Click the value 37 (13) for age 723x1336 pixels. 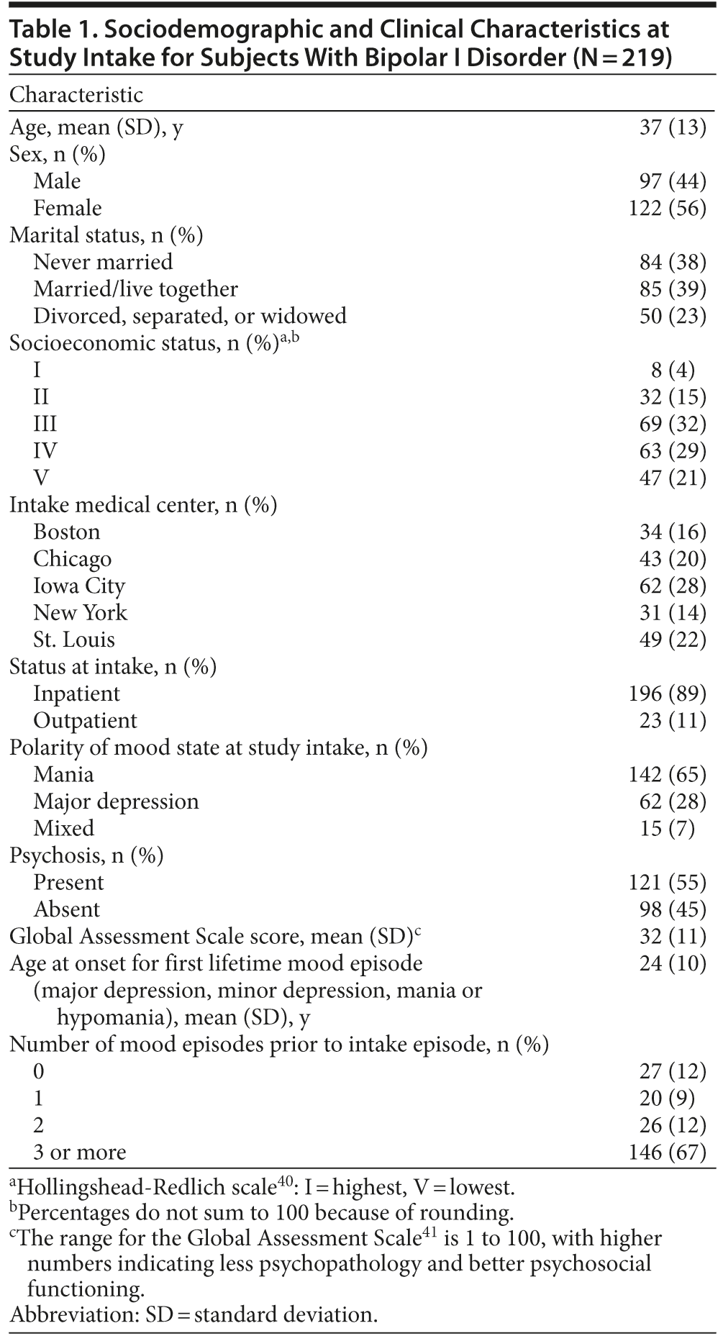673,127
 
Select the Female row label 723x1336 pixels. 68,208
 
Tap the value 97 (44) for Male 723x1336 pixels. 673,181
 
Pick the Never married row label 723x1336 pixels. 103,262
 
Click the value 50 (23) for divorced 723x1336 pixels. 673,316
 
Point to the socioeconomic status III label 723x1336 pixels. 45,424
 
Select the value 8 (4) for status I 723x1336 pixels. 673,370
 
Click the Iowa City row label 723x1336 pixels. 79,586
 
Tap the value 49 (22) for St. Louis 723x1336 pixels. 673,640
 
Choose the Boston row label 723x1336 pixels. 67,532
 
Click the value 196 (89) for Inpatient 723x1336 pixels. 667,694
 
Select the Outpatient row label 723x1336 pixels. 85,721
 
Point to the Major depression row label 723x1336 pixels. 116,801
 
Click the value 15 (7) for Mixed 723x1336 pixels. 667,828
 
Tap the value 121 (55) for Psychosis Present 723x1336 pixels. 667,882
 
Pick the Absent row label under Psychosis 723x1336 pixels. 67,909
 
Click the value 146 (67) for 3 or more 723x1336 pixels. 667,1152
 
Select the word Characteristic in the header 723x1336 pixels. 76,95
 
